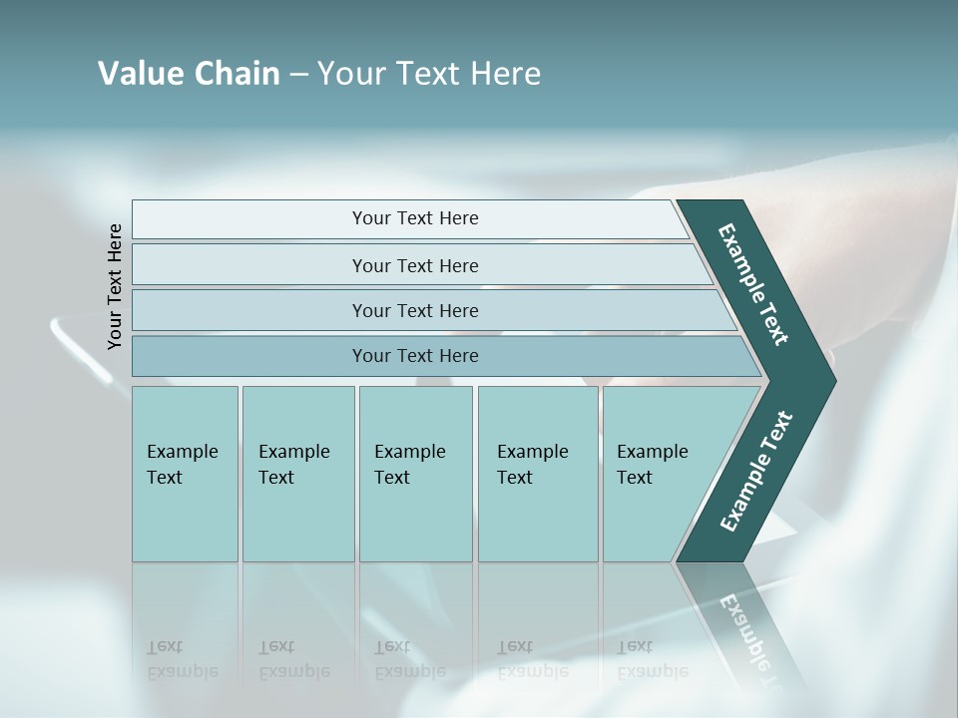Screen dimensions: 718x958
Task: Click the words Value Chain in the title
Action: [x=189, y=74]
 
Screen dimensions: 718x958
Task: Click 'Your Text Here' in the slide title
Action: [x=429, y=74]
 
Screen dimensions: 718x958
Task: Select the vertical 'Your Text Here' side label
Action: [x=115, y=286]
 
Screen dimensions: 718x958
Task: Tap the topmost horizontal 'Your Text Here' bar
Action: [x=415, y=218]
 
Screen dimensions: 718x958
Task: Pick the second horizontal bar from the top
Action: [x=415, y=265]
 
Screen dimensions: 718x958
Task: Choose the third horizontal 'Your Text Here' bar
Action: [x=415, y=310]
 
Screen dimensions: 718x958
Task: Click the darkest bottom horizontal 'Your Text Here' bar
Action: [x=415, y=356]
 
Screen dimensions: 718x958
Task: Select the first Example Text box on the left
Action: [x=185, y=474]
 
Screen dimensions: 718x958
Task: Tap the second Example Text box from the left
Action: [x=297, y=474]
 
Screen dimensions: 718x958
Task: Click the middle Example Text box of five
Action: [x=415, y=474]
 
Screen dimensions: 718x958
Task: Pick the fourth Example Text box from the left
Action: [x=537, y=474]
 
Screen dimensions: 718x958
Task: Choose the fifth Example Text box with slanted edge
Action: [x=654, y=474]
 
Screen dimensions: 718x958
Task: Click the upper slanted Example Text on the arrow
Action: [x=754, y=284]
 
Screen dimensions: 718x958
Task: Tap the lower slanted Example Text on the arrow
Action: [x=755, y=472]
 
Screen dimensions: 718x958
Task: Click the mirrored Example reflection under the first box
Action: [x=183, y=660]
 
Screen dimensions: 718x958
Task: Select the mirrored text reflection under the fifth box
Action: [x=653, y=660]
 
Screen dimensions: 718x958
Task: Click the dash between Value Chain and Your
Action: [x=298, y=75]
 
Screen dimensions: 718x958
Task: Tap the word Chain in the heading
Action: [x=237, y=74]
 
